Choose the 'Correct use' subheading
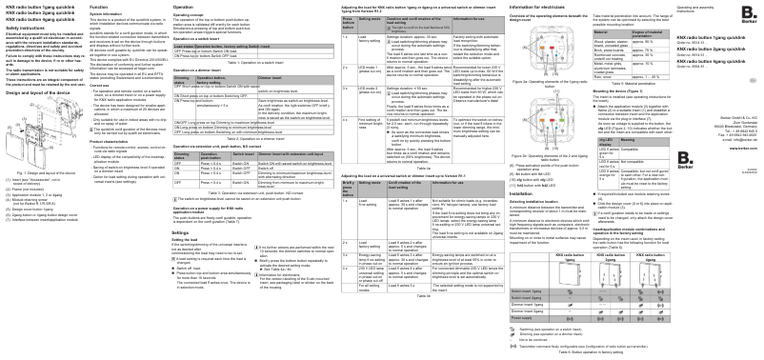(x=106, y=85)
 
